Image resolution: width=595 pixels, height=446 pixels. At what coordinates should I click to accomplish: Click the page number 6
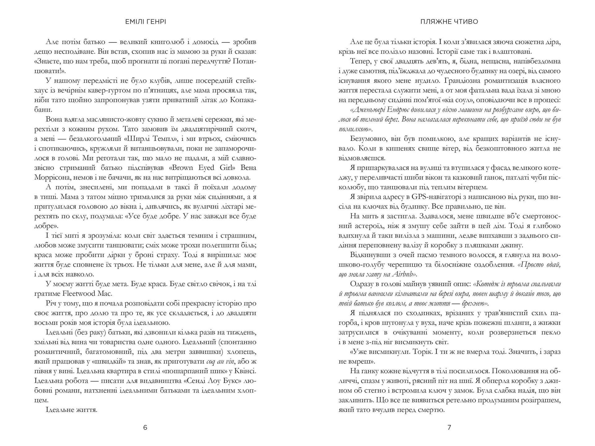pos(145,428)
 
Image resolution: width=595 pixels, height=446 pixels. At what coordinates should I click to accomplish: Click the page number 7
pos(449,428)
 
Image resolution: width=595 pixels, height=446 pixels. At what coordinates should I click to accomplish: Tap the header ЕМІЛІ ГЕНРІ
pos(145,22)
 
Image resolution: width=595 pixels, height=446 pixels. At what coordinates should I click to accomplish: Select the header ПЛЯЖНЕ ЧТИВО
pos(449,22)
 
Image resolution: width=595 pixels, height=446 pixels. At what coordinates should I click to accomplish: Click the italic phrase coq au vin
pos(220,361)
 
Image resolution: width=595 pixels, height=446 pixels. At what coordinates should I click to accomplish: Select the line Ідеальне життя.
pos(72,410)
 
